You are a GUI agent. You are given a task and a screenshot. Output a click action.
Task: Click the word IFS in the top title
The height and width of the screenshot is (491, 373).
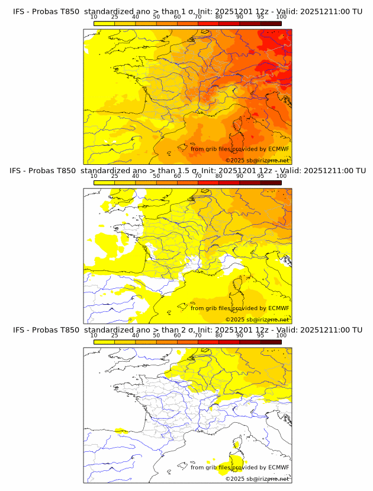[20, 11]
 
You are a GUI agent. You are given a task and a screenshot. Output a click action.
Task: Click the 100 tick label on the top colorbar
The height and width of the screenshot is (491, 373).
[281, 17]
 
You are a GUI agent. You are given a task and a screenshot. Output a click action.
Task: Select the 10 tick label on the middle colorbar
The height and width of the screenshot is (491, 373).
[94, 176]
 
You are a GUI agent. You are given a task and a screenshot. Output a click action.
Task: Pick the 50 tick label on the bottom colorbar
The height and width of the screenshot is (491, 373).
[156, 336]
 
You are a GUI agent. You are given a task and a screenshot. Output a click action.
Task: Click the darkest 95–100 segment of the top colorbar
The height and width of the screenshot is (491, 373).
[271, 23]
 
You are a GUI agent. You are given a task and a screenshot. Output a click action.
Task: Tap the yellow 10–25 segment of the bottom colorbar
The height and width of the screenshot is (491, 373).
[104, 342]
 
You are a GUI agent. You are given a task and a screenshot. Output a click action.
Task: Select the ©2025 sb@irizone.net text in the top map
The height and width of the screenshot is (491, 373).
[257, 160]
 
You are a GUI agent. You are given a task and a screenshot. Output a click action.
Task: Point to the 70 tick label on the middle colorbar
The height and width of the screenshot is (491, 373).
[198, 176]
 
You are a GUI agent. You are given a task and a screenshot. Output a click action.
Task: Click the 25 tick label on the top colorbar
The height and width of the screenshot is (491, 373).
[115, 17]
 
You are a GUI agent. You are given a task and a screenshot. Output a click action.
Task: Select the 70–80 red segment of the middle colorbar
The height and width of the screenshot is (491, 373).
[208, 182]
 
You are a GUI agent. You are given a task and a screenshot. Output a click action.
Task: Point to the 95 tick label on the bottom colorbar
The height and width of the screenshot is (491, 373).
[261, 336]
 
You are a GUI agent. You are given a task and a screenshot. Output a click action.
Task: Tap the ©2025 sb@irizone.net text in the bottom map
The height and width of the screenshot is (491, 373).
[257, 479]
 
